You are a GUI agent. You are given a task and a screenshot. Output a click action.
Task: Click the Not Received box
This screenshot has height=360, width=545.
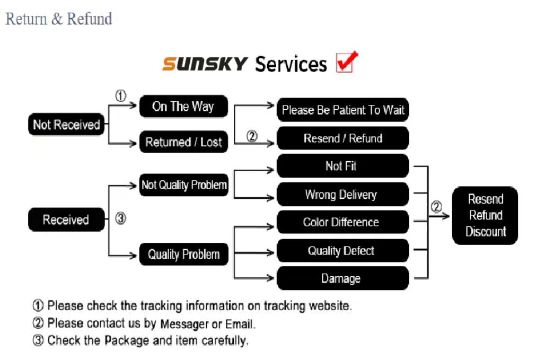pos(66,125)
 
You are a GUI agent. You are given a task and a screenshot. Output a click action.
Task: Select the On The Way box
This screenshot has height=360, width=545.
pos(183,107)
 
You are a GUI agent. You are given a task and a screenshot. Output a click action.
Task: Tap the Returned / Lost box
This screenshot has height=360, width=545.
pos(183,142)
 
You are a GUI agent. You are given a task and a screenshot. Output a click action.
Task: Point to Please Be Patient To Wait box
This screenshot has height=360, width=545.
pos(343,110)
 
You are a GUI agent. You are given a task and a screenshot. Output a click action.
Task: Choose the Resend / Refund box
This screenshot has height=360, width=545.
pos(343,138)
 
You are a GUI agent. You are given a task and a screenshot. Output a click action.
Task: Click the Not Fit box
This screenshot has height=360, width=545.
pos(343,166)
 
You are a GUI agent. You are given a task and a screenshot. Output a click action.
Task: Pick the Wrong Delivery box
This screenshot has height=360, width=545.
pos(343,195)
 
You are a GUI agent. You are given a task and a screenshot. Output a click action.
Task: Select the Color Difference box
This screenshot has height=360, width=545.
pos(343,222)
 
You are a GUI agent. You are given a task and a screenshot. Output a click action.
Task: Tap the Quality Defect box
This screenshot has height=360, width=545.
pos(343,251)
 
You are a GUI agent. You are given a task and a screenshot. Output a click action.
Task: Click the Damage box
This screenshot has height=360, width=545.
pos(343,278)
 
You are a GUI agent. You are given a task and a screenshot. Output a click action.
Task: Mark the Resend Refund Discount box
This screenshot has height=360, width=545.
pos(485,215)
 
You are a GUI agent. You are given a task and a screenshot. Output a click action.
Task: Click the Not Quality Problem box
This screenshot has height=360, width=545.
pos(183,185)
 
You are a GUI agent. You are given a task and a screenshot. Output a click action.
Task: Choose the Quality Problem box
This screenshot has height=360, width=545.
pos(183,254)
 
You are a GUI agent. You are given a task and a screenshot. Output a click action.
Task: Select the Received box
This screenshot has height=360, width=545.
pos(66,219)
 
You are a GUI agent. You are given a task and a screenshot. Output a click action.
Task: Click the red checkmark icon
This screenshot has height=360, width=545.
pos(347,62)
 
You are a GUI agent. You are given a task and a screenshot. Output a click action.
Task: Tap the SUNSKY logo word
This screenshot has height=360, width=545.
pos(205,64)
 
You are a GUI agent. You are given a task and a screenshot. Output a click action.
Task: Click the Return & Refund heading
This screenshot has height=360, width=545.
pos(59,19)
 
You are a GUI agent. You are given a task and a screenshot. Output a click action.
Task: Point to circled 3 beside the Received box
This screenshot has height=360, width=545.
pos(121,218)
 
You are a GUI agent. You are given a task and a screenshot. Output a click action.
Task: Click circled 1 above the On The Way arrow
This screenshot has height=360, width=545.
pos(121,96)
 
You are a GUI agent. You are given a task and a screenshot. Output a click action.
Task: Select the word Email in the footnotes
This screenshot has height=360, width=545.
pos(240,323)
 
